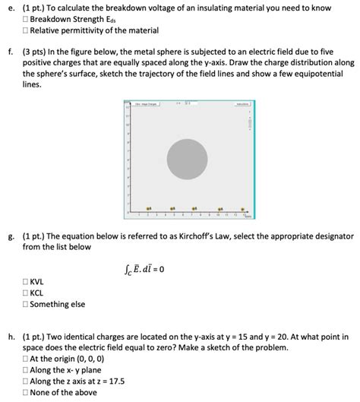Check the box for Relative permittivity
(x=27, y=30)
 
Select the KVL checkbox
(x=27, y=281)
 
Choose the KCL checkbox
(x=27, y=293)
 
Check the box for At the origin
(x=27, y=359)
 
